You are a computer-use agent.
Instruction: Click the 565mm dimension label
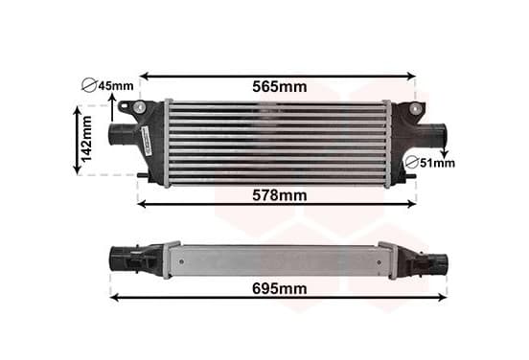click(280, 87)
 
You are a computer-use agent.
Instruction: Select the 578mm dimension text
click(280, 195)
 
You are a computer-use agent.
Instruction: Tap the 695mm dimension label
click(280, 289)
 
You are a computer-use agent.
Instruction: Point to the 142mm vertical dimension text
click(86, 139)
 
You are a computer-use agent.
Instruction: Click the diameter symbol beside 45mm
click(89, 85)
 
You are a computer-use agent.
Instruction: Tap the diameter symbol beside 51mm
click(411, 163)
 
